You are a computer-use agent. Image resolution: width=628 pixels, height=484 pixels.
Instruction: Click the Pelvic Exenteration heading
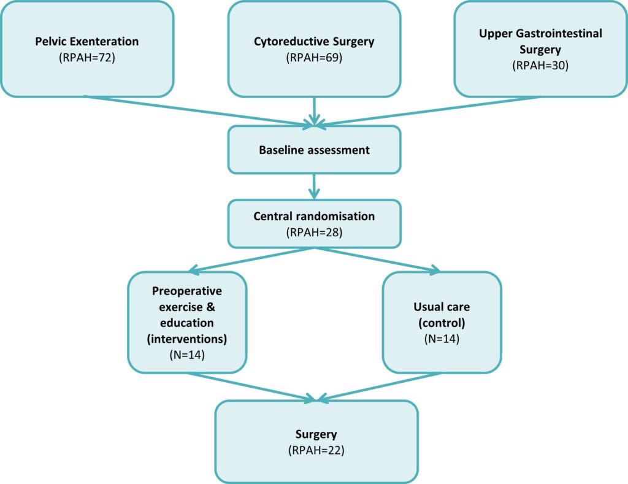pyautogui.click(x=86, y=42)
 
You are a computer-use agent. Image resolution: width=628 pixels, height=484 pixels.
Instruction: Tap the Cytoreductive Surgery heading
pyautogui.click(x=314, y=42)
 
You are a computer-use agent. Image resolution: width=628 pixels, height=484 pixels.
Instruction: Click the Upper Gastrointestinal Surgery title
pyautogui.click(x=540, y=40)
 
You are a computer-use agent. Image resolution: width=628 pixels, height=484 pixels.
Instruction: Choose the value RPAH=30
pyautogui.click(x=540, y=66)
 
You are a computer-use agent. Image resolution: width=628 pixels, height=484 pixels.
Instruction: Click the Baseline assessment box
pyautogui.click(x=314, y=150)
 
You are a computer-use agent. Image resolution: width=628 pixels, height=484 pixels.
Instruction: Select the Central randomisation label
pyautogui.click(x=314, y=217)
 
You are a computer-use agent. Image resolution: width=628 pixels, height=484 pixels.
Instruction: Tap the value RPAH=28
pyautogui.click(x=314, y=233)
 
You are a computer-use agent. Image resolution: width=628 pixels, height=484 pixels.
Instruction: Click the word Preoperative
pyautogui.click(x=187, y=290)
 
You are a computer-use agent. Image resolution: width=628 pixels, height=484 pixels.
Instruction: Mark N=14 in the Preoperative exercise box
pyautogui.click(x=187, y=354)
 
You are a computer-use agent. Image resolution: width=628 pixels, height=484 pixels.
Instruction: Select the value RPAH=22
pyautogui.click(x=316, y=450)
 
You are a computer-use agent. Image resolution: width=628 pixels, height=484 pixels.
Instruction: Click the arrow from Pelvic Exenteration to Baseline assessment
pyautogui.click(x=196, y=111)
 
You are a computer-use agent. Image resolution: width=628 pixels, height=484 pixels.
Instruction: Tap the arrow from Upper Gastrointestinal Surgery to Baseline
pyautogui.click(x=429, y=111)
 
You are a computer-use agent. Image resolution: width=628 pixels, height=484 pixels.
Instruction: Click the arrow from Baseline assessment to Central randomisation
pyautogui.click(x=314, y=185)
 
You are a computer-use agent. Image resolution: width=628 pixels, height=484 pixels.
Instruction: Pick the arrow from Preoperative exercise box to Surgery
pyautogui.click(x=251, y=387)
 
